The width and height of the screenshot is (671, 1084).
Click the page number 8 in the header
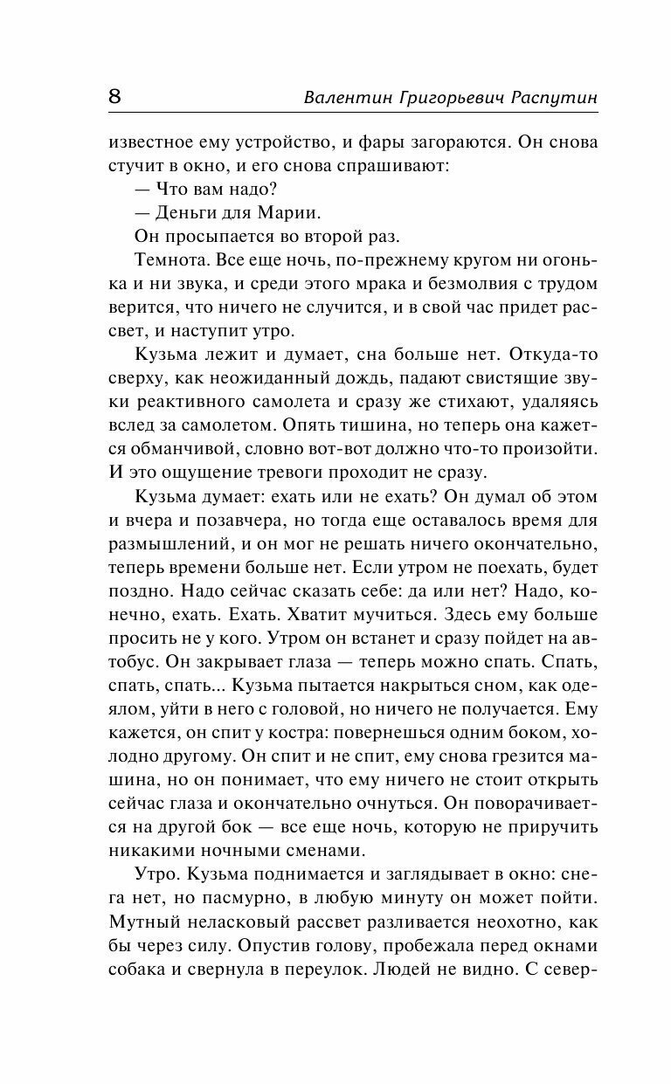pyautogui.click(x=115, y=97)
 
